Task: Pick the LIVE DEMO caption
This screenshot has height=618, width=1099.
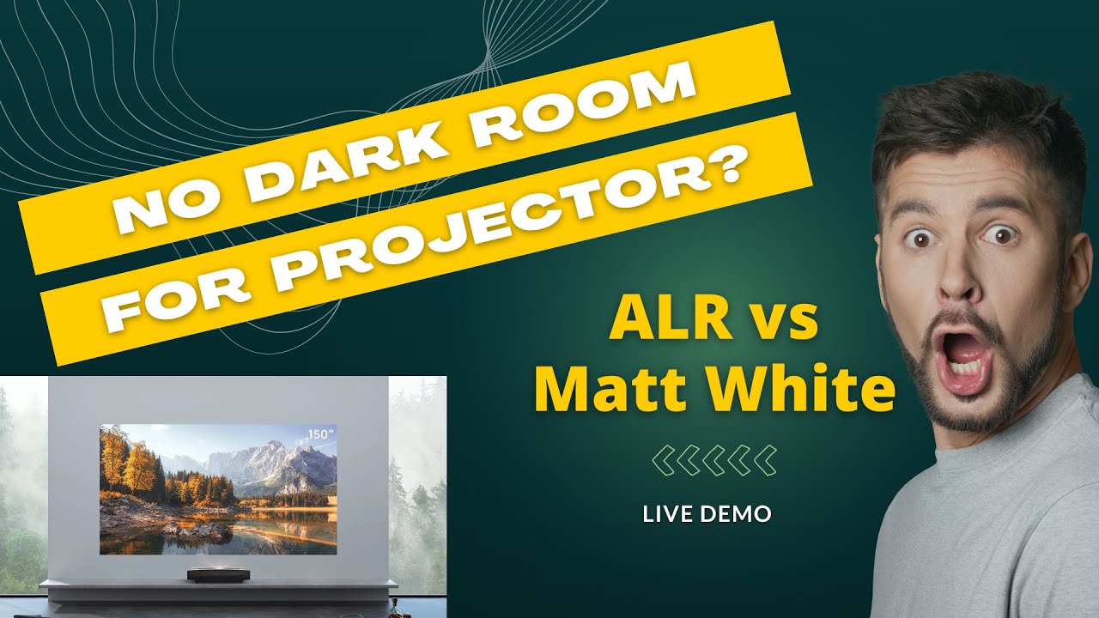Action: pos(707,514)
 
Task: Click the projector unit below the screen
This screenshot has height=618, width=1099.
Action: pos(211,575)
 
